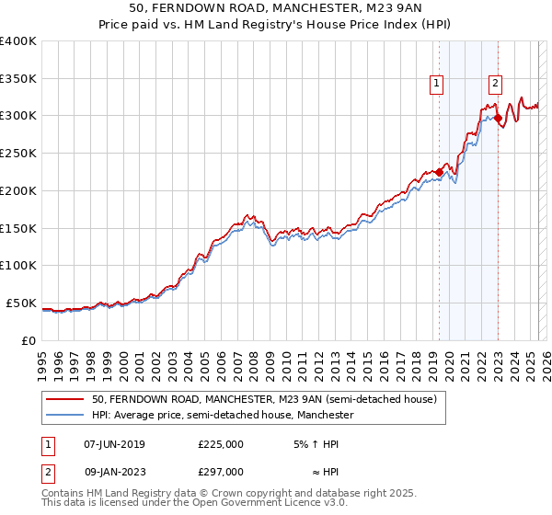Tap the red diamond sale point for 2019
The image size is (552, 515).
coord(440,171)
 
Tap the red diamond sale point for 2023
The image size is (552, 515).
coord(498,118)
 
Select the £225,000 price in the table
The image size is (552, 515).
coord(221,444)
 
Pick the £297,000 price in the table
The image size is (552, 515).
coord(221,472)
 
